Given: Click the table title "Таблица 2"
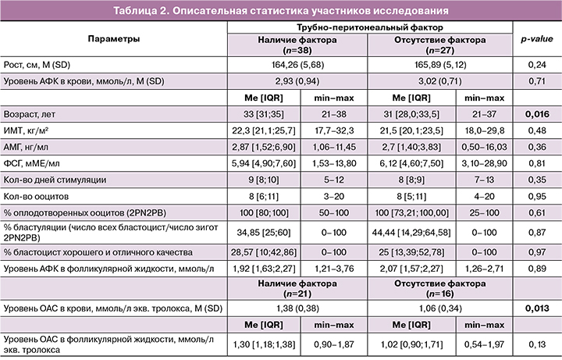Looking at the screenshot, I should [280, 10].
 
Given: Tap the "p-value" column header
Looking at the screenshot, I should [533, 38].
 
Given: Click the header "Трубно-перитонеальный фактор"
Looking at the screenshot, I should [366, 27].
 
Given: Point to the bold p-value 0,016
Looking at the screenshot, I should [533, 115].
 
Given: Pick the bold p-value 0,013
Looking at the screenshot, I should [533, 309].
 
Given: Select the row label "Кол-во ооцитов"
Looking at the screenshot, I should [37, 198].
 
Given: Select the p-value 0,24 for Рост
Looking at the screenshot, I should [533, 63].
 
